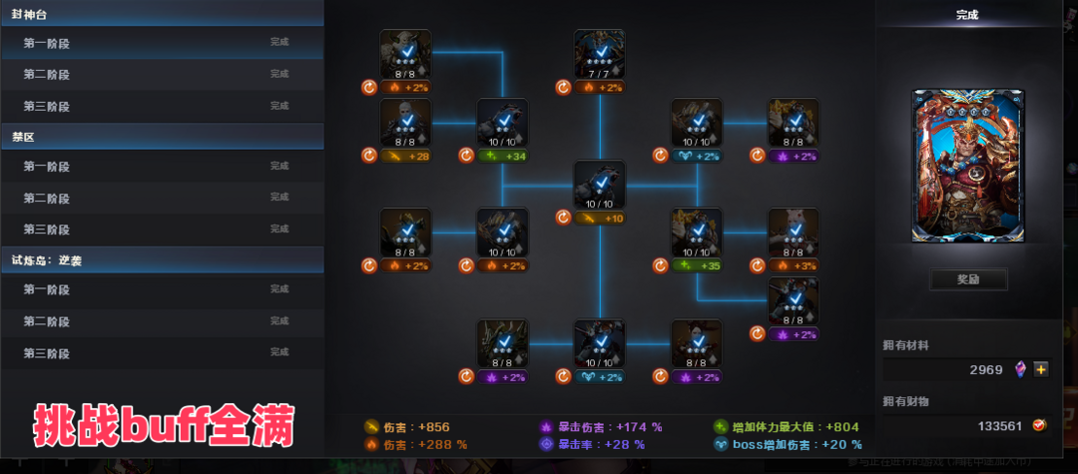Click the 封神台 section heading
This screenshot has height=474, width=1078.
click(x=29, y=14)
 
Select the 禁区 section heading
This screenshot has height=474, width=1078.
click(x=24, y=136)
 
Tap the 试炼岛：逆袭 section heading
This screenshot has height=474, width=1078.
click(x=49, y=258)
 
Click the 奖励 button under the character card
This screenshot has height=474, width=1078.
click(x=967, y=279)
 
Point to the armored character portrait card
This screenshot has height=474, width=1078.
click(x=967, y=165)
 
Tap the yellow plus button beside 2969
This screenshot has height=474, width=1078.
click(x=1041, y=369)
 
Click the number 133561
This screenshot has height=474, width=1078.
click(x=999, y=425)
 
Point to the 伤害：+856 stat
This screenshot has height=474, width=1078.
click(x=400, y=426)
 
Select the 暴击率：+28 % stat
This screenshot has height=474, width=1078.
click(x=600, y=444)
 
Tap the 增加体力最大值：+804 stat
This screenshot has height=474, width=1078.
click(x=793, y=426)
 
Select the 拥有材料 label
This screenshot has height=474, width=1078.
click(x=905, y=345)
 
